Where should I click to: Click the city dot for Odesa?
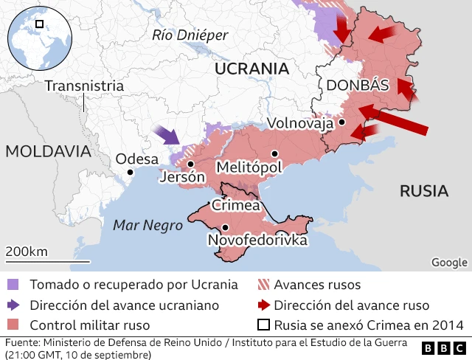pos(130,172)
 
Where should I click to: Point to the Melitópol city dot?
pos(274,153)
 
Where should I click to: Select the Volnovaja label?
pos(300,122)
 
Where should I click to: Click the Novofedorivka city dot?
pos(224,227)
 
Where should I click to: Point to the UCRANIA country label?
pos(251,69)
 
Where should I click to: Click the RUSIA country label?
pos(424,191)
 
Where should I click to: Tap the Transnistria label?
pos(83,86)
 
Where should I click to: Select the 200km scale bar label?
pos(27,252)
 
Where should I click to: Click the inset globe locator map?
pos(38,38)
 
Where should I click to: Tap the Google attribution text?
pos(449,262)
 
